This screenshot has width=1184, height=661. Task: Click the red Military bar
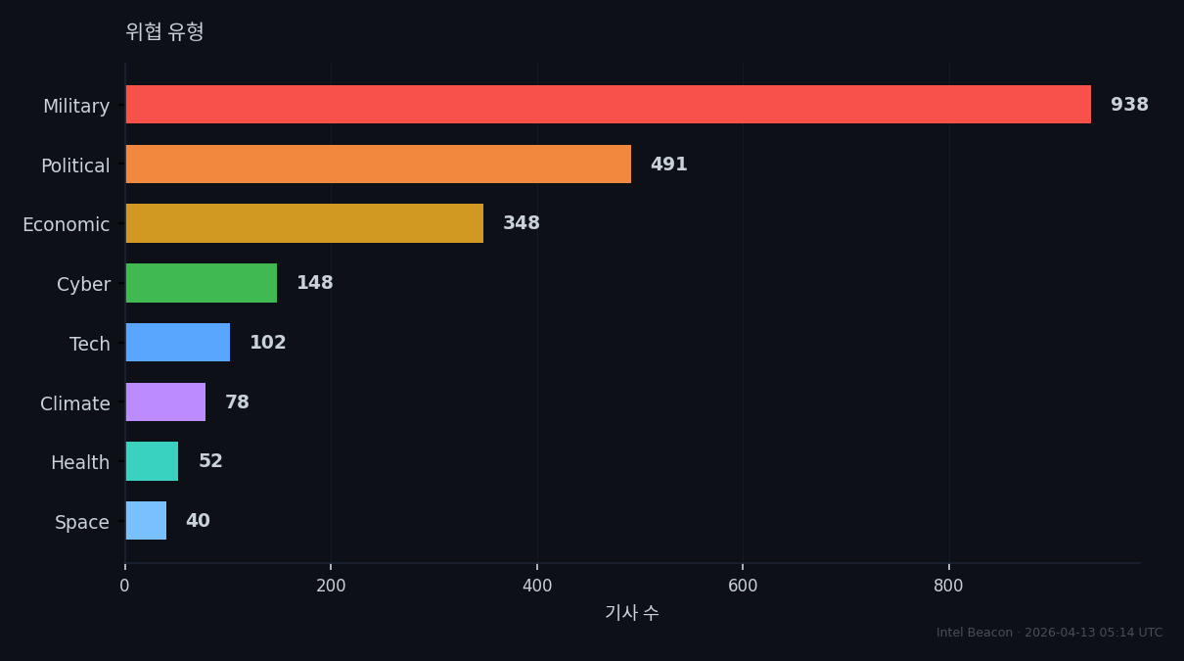pyautogui.click(x=609, y=104)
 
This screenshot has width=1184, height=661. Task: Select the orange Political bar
pyautogui.click(x=379, y=164)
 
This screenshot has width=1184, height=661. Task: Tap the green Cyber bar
pyautogui.click(x=202, y=283)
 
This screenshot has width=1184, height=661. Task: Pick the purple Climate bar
pyautogui.click(x=165, y=401)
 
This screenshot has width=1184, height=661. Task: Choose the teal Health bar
pyautogui.click(x=153, y=461)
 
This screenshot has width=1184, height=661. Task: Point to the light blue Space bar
pyautogui.click(x=146, y=521)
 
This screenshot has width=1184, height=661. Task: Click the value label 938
pyautogui.click(x=1129, y=104)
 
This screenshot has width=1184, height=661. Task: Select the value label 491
pyautogui.click(x=669, y=164)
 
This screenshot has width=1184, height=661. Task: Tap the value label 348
pyautogui.click(x=522, y=222)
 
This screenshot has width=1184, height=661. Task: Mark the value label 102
pyautogui.click(x=268, y=342)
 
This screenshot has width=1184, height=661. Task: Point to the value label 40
pyautogui.click(x=199, y=520)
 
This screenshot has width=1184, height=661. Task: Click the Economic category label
pyautogui.click(x=67, y=225)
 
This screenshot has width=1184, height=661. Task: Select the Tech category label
pyautogui.click(x=90, y=344)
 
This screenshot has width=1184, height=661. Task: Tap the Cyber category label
pyautogui.click(x=83, y=285)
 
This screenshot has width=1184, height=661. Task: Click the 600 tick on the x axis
pyautogui.click(x=743, y=586)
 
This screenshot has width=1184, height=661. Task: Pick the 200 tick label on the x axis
pyautogui.click(x=331, y=586)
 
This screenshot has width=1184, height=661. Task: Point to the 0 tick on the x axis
pyautogui.click(x=124, y=586)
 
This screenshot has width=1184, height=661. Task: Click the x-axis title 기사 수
pyautogui.click(x=632, y=613)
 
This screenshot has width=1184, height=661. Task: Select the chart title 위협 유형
pyautogui.click(x=164, y=31)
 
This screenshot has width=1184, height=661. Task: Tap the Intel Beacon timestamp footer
pyautogui.click(x=1049, y=633)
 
